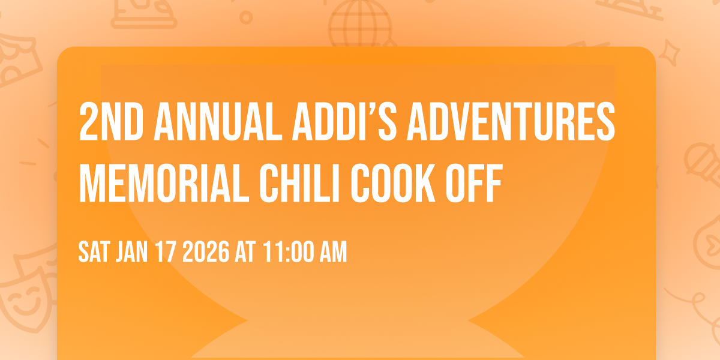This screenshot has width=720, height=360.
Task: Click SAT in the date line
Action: (94, 253)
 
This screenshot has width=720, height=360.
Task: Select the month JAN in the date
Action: (131, 253)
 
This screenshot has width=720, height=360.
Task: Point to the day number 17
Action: (167, 253)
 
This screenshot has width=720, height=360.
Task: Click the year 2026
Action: (206, 253)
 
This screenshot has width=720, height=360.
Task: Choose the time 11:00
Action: (287, 253)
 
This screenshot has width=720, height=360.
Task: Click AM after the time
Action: (333, 253)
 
